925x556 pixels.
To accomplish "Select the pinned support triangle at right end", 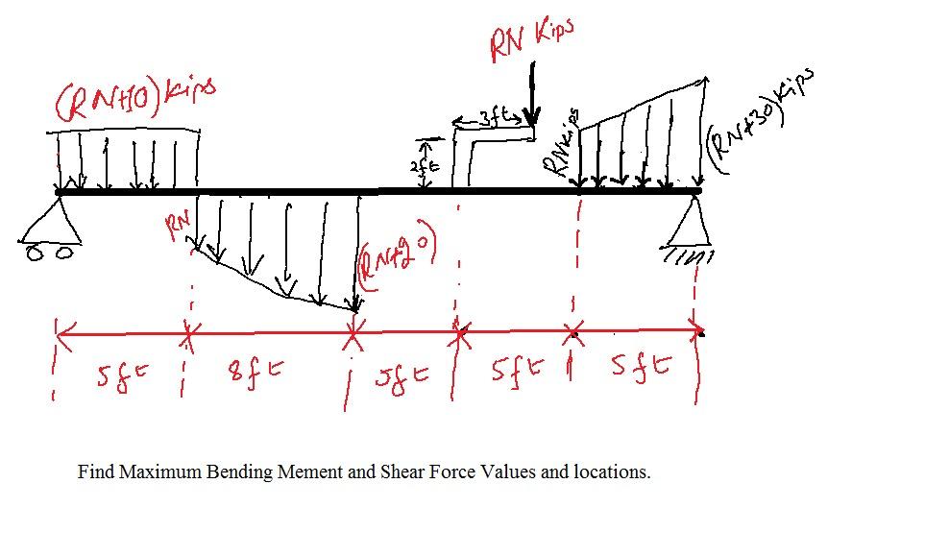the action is pos(694,222).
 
